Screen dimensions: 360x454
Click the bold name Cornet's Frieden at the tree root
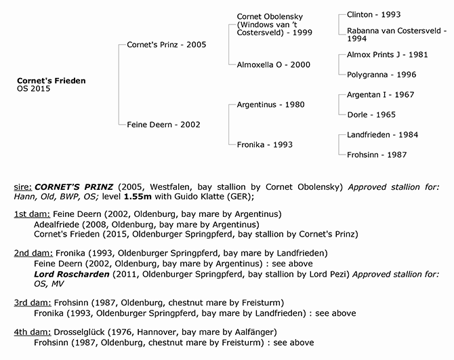point(51,81)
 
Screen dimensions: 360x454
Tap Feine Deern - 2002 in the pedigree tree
point(163,125)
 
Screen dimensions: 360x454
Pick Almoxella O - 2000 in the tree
point(273,64)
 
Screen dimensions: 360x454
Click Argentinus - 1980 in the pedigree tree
point(270,105)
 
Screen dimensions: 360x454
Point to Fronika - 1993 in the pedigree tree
point(264,144)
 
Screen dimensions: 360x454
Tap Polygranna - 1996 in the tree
point(381,75)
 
